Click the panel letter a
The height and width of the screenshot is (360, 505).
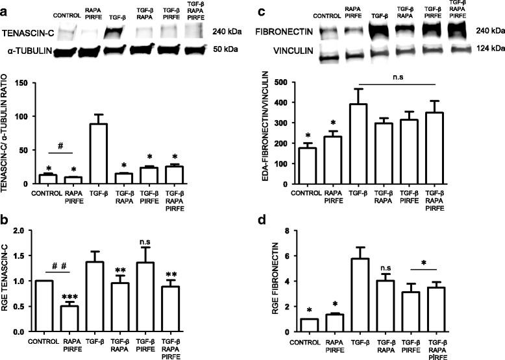tap(5, 6)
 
